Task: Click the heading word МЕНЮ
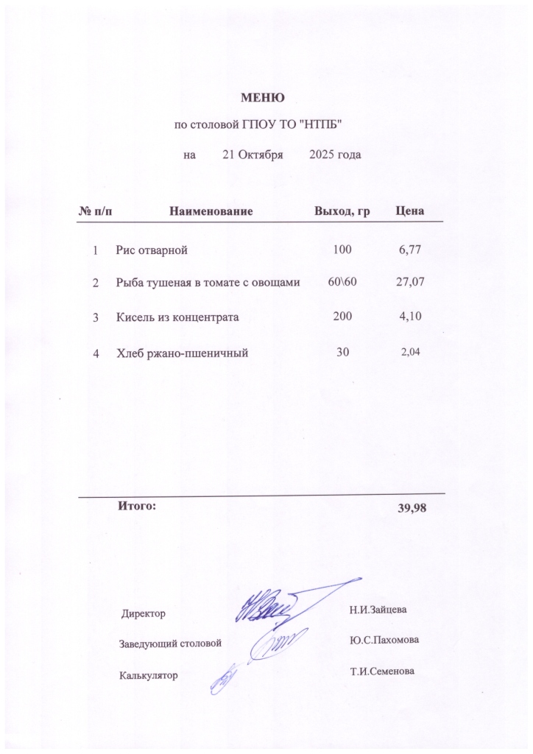[x=263, y=96]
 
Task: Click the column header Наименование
[x=211, y=211]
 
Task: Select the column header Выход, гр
[x=342, y=211]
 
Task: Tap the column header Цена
[x=409, y=211]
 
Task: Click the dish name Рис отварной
[x=152, y=250]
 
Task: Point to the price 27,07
[x=411, y=282]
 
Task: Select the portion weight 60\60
[x=342, y=282]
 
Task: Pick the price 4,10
[x=409, y=317]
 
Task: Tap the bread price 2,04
[x=410, y=353]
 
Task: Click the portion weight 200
[x=342, y=317]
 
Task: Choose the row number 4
[x=96, y=353]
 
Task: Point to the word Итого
[x=136, y=506]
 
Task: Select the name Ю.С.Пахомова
[x=384, y=640]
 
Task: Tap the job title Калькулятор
[x=149, y=674]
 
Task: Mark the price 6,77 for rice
[x=409, y=250]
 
